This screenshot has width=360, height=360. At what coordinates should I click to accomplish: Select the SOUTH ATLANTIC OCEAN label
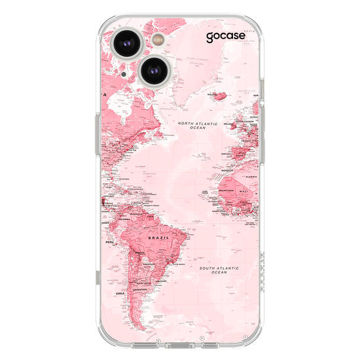(x=219, y=270)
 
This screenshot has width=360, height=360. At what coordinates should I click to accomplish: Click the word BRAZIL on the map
(x=158, y=240)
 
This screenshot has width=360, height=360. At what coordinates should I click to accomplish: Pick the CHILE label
(x=120, y=294)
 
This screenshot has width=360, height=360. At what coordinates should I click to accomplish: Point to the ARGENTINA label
(x=140, y=289)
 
